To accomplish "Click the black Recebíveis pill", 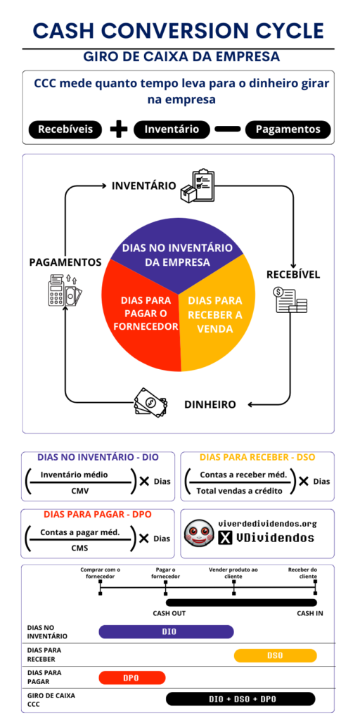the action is click(x=65, y=129).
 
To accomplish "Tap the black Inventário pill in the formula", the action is click(x=172, y=129).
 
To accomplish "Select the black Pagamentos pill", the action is click(x=288, y=129).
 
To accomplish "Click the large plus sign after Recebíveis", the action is click(x=118, y=129).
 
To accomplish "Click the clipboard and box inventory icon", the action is click(x=198, y=186).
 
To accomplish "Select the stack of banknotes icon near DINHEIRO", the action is click(x=150, y=403).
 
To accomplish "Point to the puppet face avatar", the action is click(x=199, y=532).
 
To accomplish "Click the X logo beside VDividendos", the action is click(x=225, y=538).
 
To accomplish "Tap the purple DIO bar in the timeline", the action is click(x=166, y=632).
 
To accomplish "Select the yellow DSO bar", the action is click(x=276, y=656).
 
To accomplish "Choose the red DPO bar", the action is click(x=131, y=678).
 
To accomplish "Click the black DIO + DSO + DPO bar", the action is click(x=241, y=699).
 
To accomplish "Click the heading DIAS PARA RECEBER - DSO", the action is click(x=257, y=457).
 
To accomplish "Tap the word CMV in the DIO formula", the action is click(x=80, y=490).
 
